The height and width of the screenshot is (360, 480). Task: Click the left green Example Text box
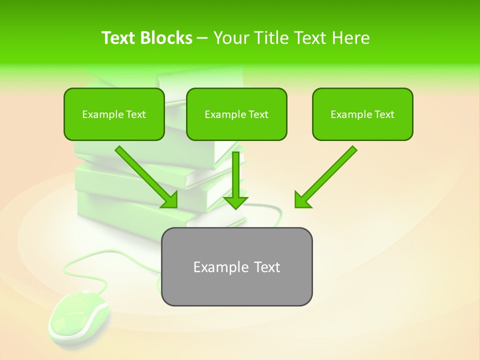(114, 114)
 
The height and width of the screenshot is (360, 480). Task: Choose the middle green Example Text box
(236, 114)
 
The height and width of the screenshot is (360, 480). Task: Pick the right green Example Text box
(362, 114)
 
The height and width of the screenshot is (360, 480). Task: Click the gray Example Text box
(236, 266)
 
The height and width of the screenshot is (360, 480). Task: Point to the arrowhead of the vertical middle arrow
(235, 202)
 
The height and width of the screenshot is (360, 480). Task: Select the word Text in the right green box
(384, 114)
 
